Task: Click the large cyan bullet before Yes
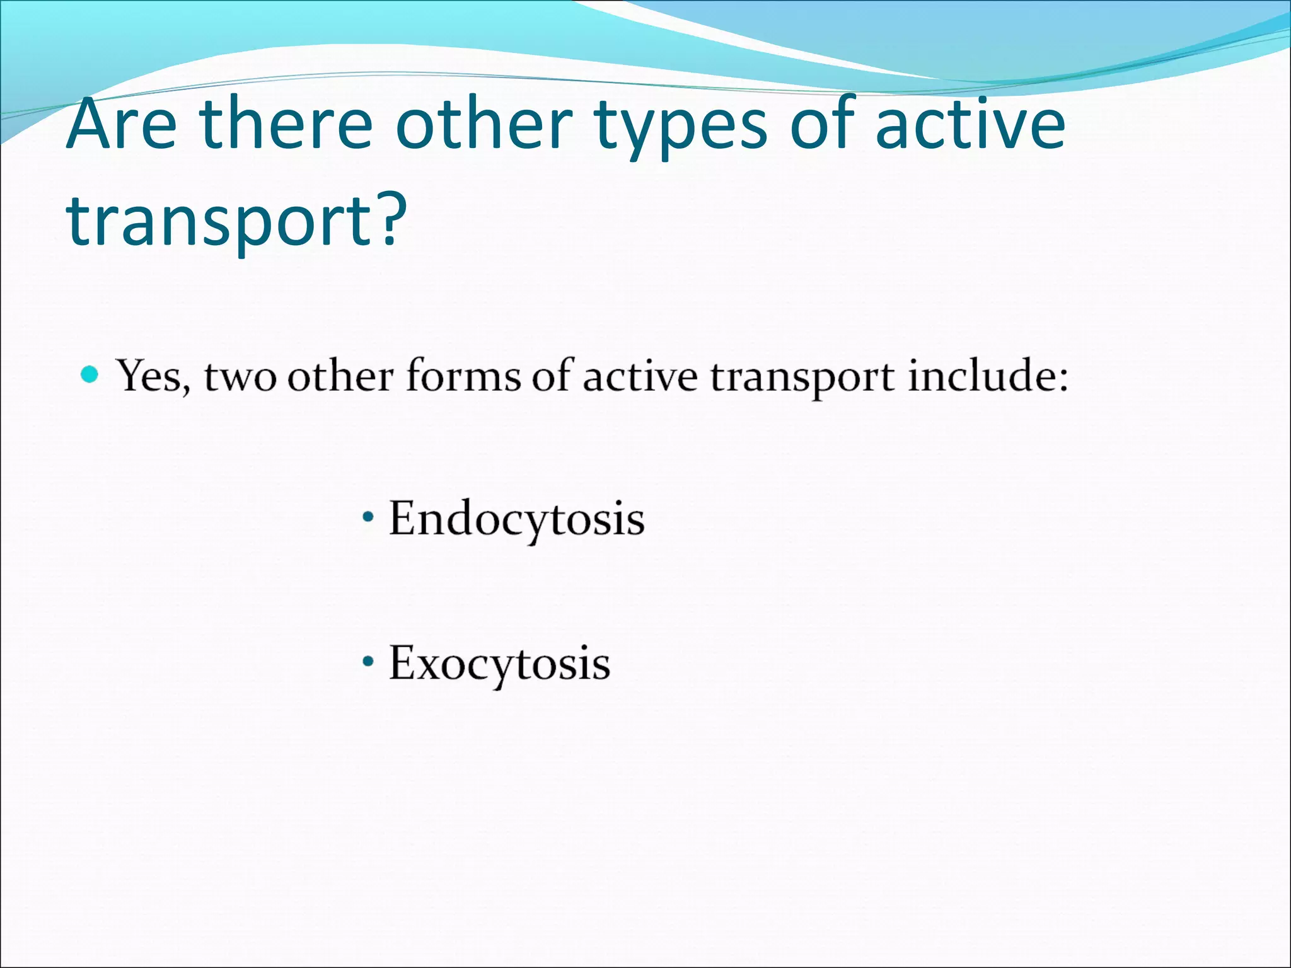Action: pos(90,376)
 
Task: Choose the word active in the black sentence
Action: pos(640,377)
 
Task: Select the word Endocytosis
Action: pos(516,520)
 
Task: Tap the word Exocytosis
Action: pos(499,664)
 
